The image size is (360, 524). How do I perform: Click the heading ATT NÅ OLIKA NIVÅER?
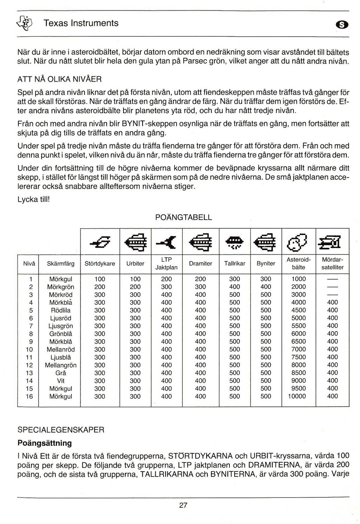(60, 79)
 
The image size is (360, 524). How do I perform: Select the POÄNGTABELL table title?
(183, 217)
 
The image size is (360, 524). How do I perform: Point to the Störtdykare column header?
(100, 263)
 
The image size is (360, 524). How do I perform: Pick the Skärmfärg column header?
(61, 263)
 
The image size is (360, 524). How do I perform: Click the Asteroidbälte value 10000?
(297, 396)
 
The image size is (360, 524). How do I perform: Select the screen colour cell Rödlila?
(61, 310)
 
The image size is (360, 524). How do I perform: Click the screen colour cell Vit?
(61, 381)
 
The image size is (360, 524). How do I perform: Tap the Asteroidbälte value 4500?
(299, 310)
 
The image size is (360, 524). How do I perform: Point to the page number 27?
(183, 505)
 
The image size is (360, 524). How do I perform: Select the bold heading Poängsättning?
(45, 443)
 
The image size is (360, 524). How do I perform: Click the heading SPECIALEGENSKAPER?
(61, 430)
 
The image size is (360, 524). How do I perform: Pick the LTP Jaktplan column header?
(166, 263)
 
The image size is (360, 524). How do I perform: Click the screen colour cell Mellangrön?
(61, 365)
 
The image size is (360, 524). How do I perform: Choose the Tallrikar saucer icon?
(234, 243)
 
